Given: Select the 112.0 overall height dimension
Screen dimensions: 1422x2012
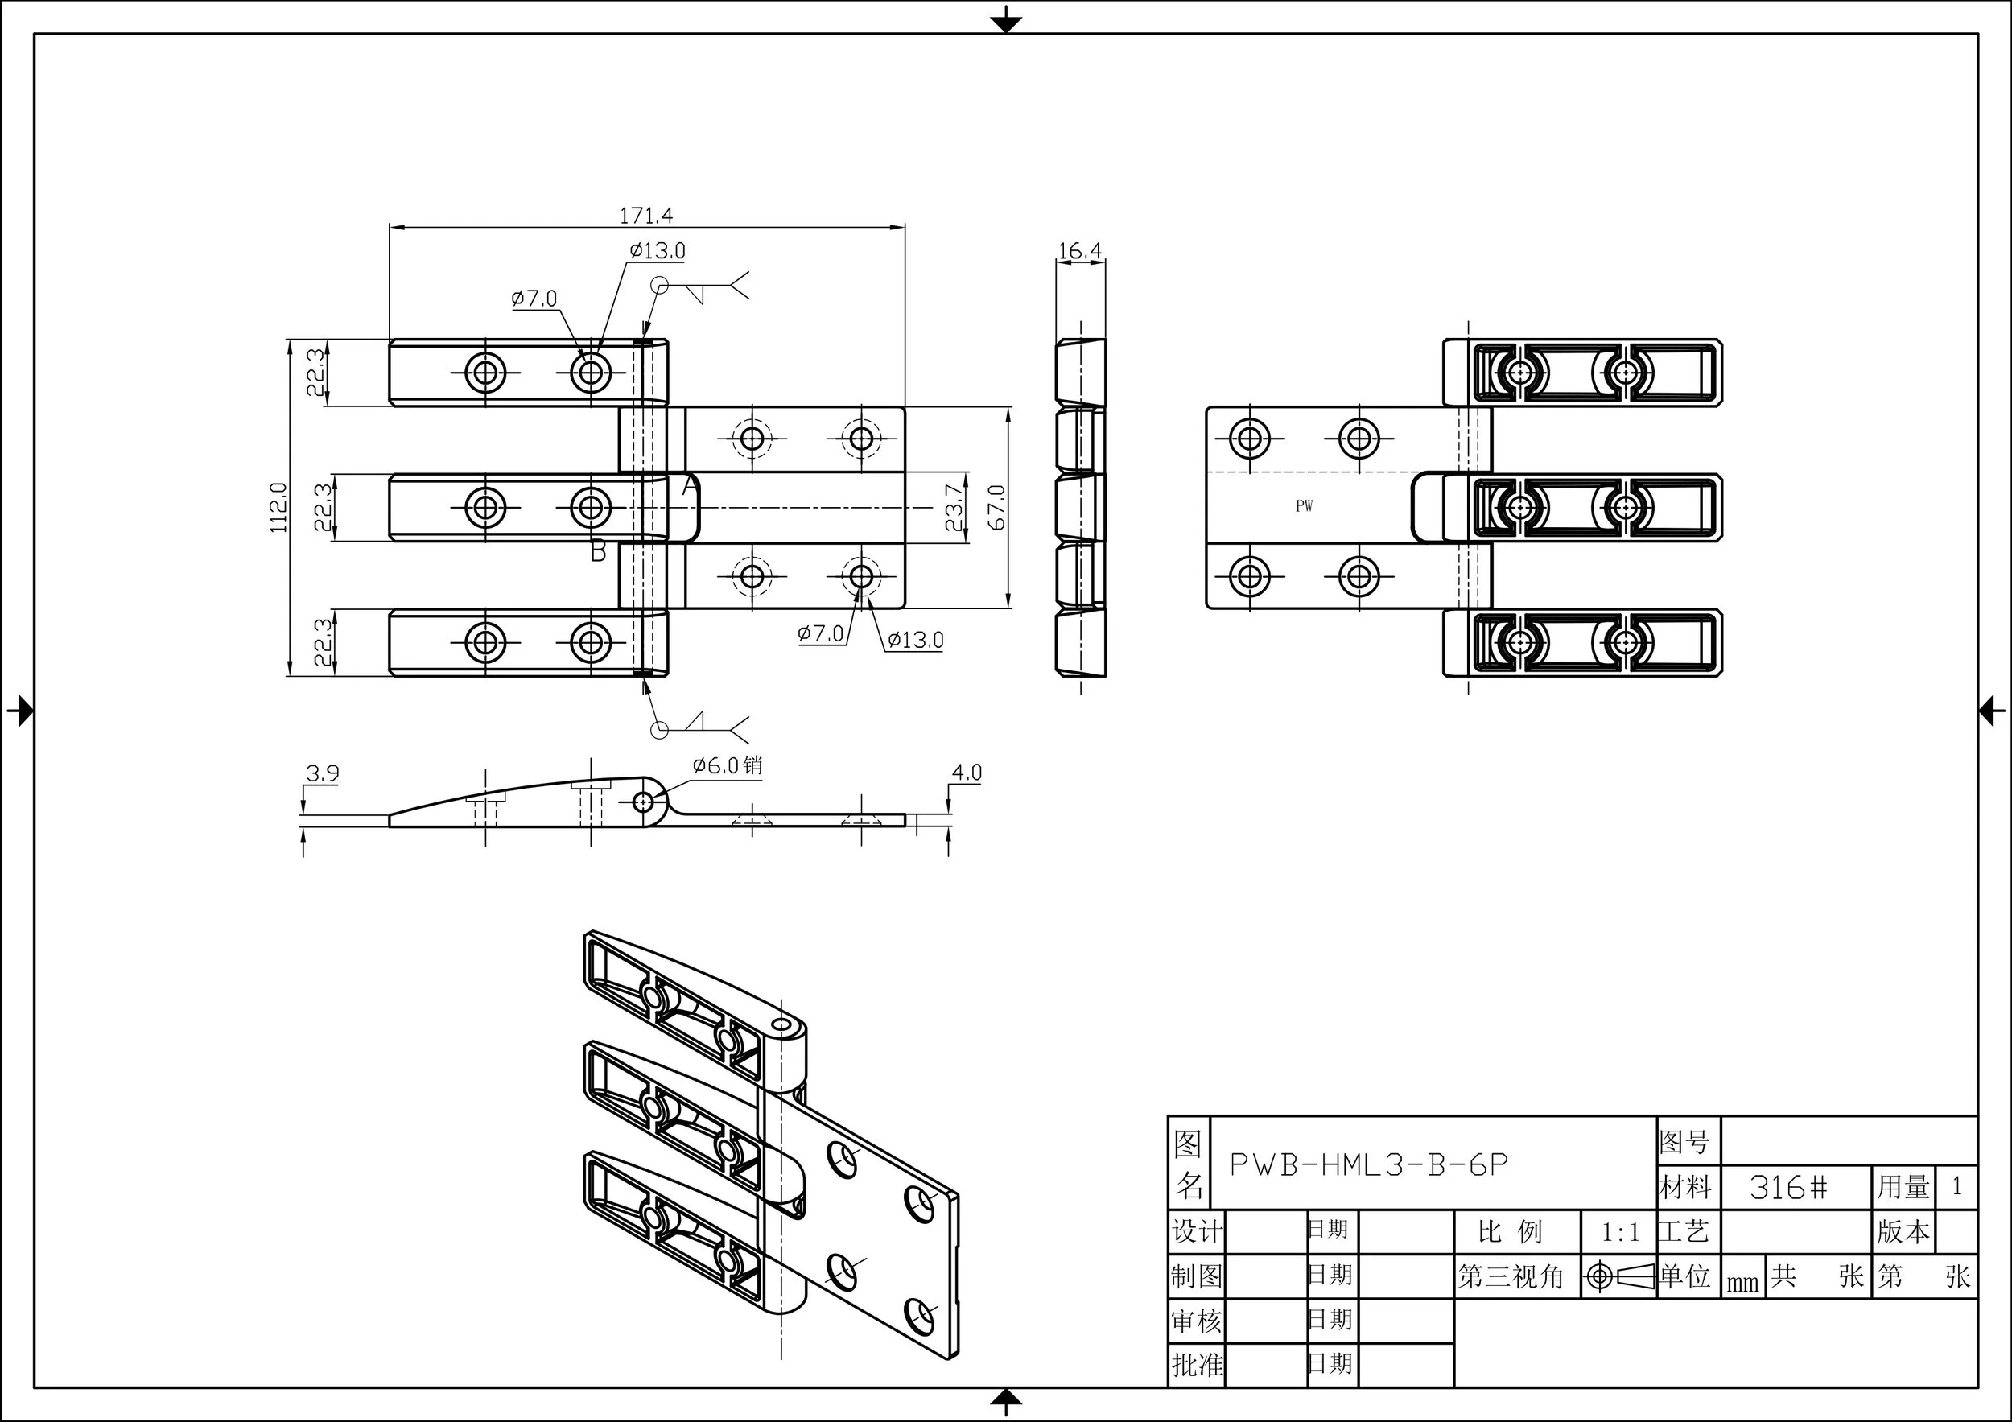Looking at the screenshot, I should [278, 507].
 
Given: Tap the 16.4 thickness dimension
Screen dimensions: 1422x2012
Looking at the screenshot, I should [1079, 251].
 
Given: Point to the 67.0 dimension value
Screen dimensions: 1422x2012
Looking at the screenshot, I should [996, 507].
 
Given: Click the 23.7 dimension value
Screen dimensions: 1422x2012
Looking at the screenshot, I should [954, 507].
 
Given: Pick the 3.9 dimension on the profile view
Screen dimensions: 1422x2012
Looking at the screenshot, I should [322, 773].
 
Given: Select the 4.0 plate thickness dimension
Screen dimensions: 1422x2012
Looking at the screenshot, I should [967, 773].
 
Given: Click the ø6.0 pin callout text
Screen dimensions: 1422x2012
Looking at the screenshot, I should [728, 765].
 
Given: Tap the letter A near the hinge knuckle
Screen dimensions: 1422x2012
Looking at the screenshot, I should [690, 484].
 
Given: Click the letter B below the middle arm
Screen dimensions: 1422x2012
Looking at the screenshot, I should [599, 551].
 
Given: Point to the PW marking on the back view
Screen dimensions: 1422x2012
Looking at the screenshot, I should [1304, 505].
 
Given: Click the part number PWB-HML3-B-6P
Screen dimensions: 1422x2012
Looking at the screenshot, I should [1369, 1164].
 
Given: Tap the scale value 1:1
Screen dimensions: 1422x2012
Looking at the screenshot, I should [1620, 1233].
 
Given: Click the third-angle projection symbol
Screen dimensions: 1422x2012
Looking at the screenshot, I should [1619, 1276].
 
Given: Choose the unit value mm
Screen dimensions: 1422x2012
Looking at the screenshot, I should [1743, 1283].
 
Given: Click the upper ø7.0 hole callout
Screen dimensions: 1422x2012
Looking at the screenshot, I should [534, 299].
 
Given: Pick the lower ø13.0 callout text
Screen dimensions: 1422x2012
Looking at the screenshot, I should [915, 641].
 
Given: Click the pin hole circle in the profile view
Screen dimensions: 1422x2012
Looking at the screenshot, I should [643, 802].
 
